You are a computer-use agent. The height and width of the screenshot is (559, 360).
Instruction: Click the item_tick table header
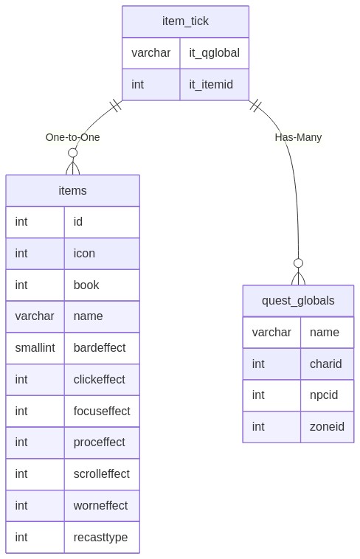pyautogui.click(x=185, y=21)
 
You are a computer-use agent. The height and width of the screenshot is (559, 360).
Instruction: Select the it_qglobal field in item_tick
pyautogui.click(x=214, y=53)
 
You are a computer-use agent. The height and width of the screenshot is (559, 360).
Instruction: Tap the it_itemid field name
pyautogui.click(x=211, y=85)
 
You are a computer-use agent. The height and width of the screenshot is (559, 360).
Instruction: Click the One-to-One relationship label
pyautogui.click(x=72, y=137)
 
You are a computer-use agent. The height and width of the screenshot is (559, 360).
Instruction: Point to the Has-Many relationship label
pyautogui.click(x=298, y=137)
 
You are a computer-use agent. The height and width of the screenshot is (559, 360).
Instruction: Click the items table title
pyautogui.click(x=72, y=190)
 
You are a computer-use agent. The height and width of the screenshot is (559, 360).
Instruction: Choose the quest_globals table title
pyautogui.click(x=298, y=301)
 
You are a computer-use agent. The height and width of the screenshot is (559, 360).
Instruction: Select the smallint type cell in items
pyautogui.click(x=35, y=347)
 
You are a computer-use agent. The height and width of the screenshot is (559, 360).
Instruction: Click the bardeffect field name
pyautogui.click(x=100, y=347)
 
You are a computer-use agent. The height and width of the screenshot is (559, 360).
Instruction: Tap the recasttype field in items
pyautogui.click(x=100, y=538)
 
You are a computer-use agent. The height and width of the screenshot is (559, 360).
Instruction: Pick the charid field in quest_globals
pyautogui.click(x=326, y=364)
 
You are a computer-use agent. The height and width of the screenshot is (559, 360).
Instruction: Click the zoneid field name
pyautogui.click(x=327, y=427)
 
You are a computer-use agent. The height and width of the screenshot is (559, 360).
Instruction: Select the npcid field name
pyautogui.click(x=324, y=395)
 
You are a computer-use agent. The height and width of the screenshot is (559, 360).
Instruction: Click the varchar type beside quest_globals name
pyautogui.click(x=271, y=333)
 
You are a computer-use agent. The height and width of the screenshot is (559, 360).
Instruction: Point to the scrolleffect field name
pyautogui.click(x=102, y=473)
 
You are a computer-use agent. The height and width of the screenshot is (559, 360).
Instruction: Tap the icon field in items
pyautogui.click(x=84, y=253)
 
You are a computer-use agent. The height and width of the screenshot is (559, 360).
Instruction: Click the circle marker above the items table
pyautogui.click(x=73, y=153)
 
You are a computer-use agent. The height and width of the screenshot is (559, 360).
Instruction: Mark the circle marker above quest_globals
pyautogui.click(x=298, y=263)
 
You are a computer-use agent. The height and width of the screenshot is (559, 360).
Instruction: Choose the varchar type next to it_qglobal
pyautogui.click(x=151, y=53)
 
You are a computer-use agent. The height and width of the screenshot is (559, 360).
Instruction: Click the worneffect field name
pyautogui.click(x=100, y=505)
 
